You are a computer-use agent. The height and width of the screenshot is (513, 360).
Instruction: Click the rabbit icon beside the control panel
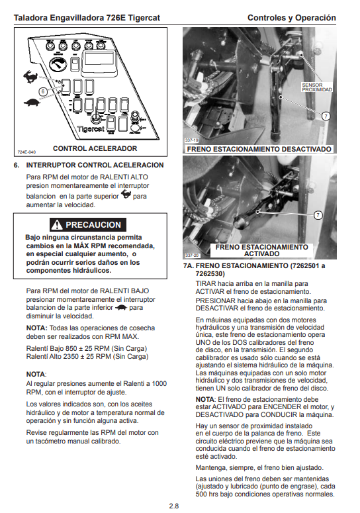click(30, 77)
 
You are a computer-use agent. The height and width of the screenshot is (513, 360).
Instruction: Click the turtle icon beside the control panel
click(32, 103)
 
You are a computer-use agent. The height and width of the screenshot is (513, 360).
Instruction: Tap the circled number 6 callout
click(43, 91)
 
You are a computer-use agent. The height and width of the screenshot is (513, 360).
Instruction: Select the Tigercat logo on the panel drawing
click(91, 128)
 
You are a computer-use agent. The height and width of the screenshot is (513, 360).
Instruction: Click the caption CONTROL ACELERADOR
click(95, 148)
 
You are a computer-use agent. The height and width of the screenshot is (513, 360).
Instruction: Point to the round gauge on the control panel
click(58, 64)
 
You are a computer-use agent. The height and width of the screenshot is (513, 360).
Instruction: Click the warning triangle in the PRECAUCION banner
click(56, 224)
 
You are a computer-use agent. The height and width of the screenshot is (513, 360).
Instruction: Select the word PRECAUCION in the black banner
click(93, 225)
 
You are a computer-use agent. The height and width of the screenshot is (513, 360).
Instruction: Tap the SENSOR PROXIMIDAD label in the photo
click(317, 87)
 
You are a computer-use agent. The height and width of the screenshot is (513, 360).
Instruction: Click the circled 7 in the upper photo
click(326, 116)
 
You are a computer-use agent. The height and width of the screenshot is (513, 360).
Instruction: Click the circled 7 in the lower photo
click(318, 215)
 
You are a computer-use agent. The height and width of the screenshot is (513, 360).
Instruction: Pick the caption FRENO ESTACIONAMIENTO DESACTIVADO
click(259, 149)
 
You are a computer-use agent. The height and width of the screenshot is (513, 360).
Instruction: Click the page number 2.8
click(174, 506)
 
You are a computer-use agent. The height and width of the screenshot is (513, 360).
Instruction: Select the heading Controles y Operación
click(292, 18)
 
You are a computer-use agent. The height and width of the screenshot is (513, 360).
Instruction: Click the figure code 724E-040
click(26, 152)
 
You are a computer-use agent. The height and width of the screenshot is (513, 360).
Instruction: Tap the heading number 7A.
click(189, 265)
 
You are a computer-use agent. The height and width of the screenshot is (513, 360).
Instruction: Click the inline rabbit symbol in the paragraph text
click(126, 195)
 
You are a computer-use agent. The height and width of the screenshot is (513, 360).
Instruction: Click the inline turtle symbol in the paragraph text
click(121, 308)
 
